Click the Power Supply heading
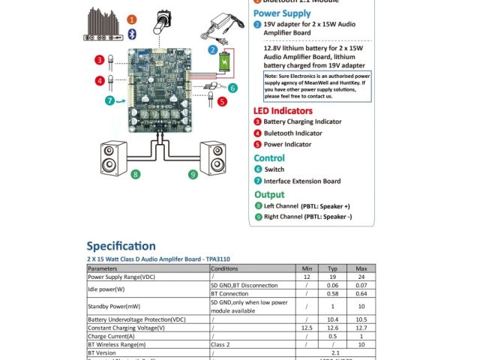coord(282,13)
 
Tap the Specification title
coord(121,246)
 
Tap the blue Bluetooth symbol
coord(131,34)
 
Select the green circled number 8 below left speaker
coord(136,175)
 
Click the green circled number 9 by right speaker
coord(193,175)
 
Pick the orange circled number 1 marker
coord(132,19)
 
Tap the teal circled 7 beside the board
coord(110,100)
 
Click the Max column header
coord(361,268)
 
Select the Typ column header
coord(334,268)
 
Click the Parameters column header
coord(103,268)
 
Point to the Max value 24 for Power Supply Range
coord(361,276)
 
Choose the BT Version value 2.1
coord(335,352)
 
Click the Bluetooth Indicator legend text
coord(298,133)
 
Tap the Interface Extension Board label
coord(302,181)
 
